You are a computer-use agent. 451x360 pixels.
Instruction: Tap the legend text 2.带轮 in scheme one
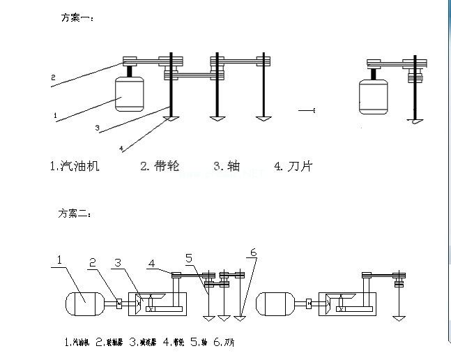pos(160,166)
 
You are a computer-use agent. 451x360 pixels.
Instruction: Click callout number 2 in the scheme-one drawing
pos(53,77)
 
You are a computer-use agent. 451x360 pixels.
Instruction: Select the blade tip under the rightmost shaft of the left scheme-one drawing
pos(262,119)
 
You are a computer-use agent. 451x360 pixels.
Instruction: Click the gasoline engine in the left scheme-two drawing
pos(84,304)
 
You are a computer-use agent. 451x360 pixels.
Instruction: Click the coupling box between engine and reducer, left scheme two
pos(119,303)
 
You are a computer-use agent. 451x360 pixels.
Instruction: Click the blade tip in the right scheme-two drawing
pos(398,318)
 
